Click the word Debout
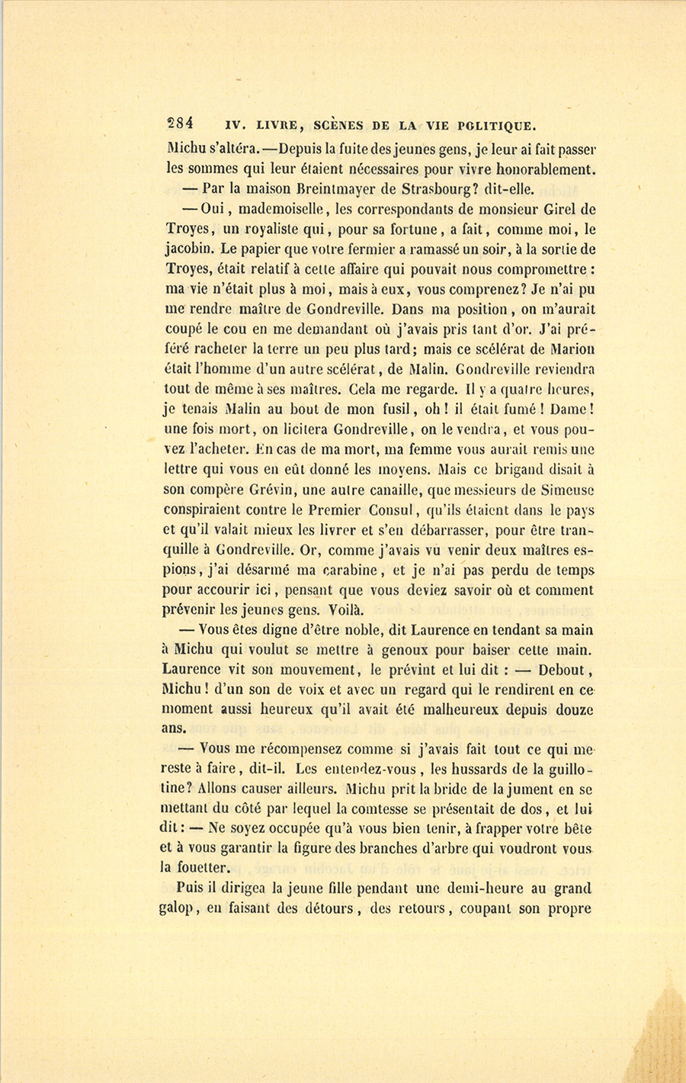coord(560,670)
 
